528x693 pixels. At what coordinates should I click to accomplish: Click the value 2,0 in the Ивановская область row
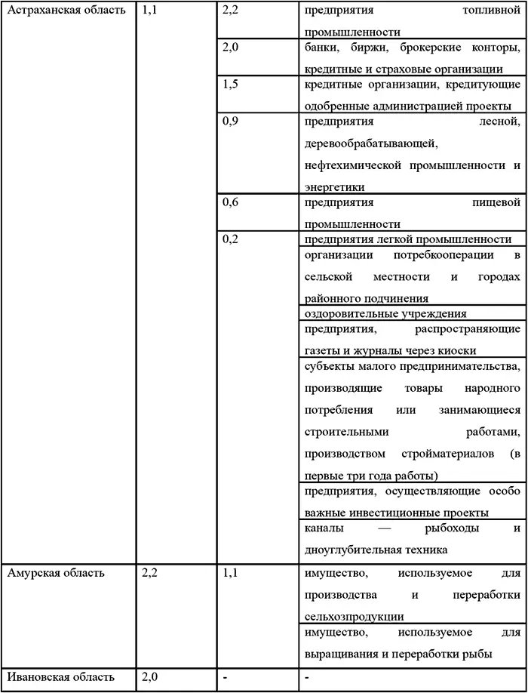tap(149, 676)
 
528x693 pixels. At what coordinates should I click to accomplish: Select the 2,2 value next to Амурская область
tap(149, 573)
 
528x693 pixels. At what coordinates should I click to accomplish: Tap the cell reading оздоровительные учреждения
tap(385, 313)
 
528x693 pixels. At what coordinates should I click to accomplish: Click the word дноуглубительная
tap(355, 550)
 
